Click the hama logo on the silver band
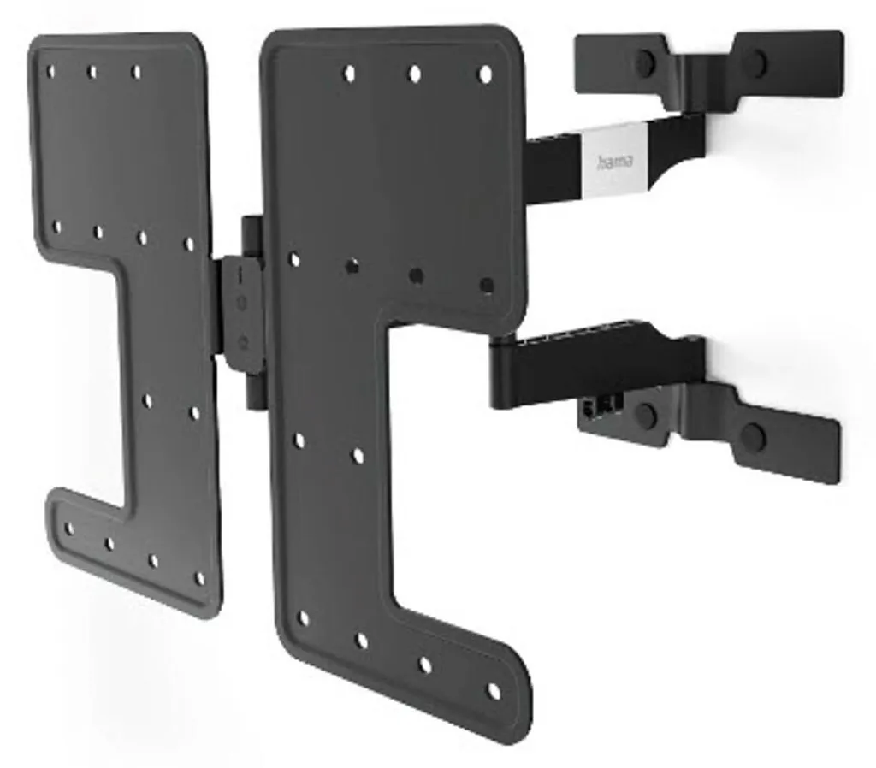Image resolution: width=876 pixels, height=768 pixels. (615, 162)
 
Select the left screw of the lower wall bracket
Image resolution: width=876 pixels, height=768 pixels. (647, 415)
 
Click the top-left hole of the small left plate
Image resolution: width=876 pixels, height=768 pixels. (50, 72)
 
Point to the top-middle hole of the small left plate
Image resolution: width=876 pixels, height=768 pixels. (92, 72)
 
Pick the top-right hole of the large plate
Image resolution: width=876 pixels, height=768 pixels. (486, 74)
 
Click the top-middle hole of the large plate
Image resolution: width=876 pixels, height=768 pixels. (415, 74)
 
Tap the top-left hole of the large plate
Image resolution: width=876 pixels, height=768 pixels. (349, 74)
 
